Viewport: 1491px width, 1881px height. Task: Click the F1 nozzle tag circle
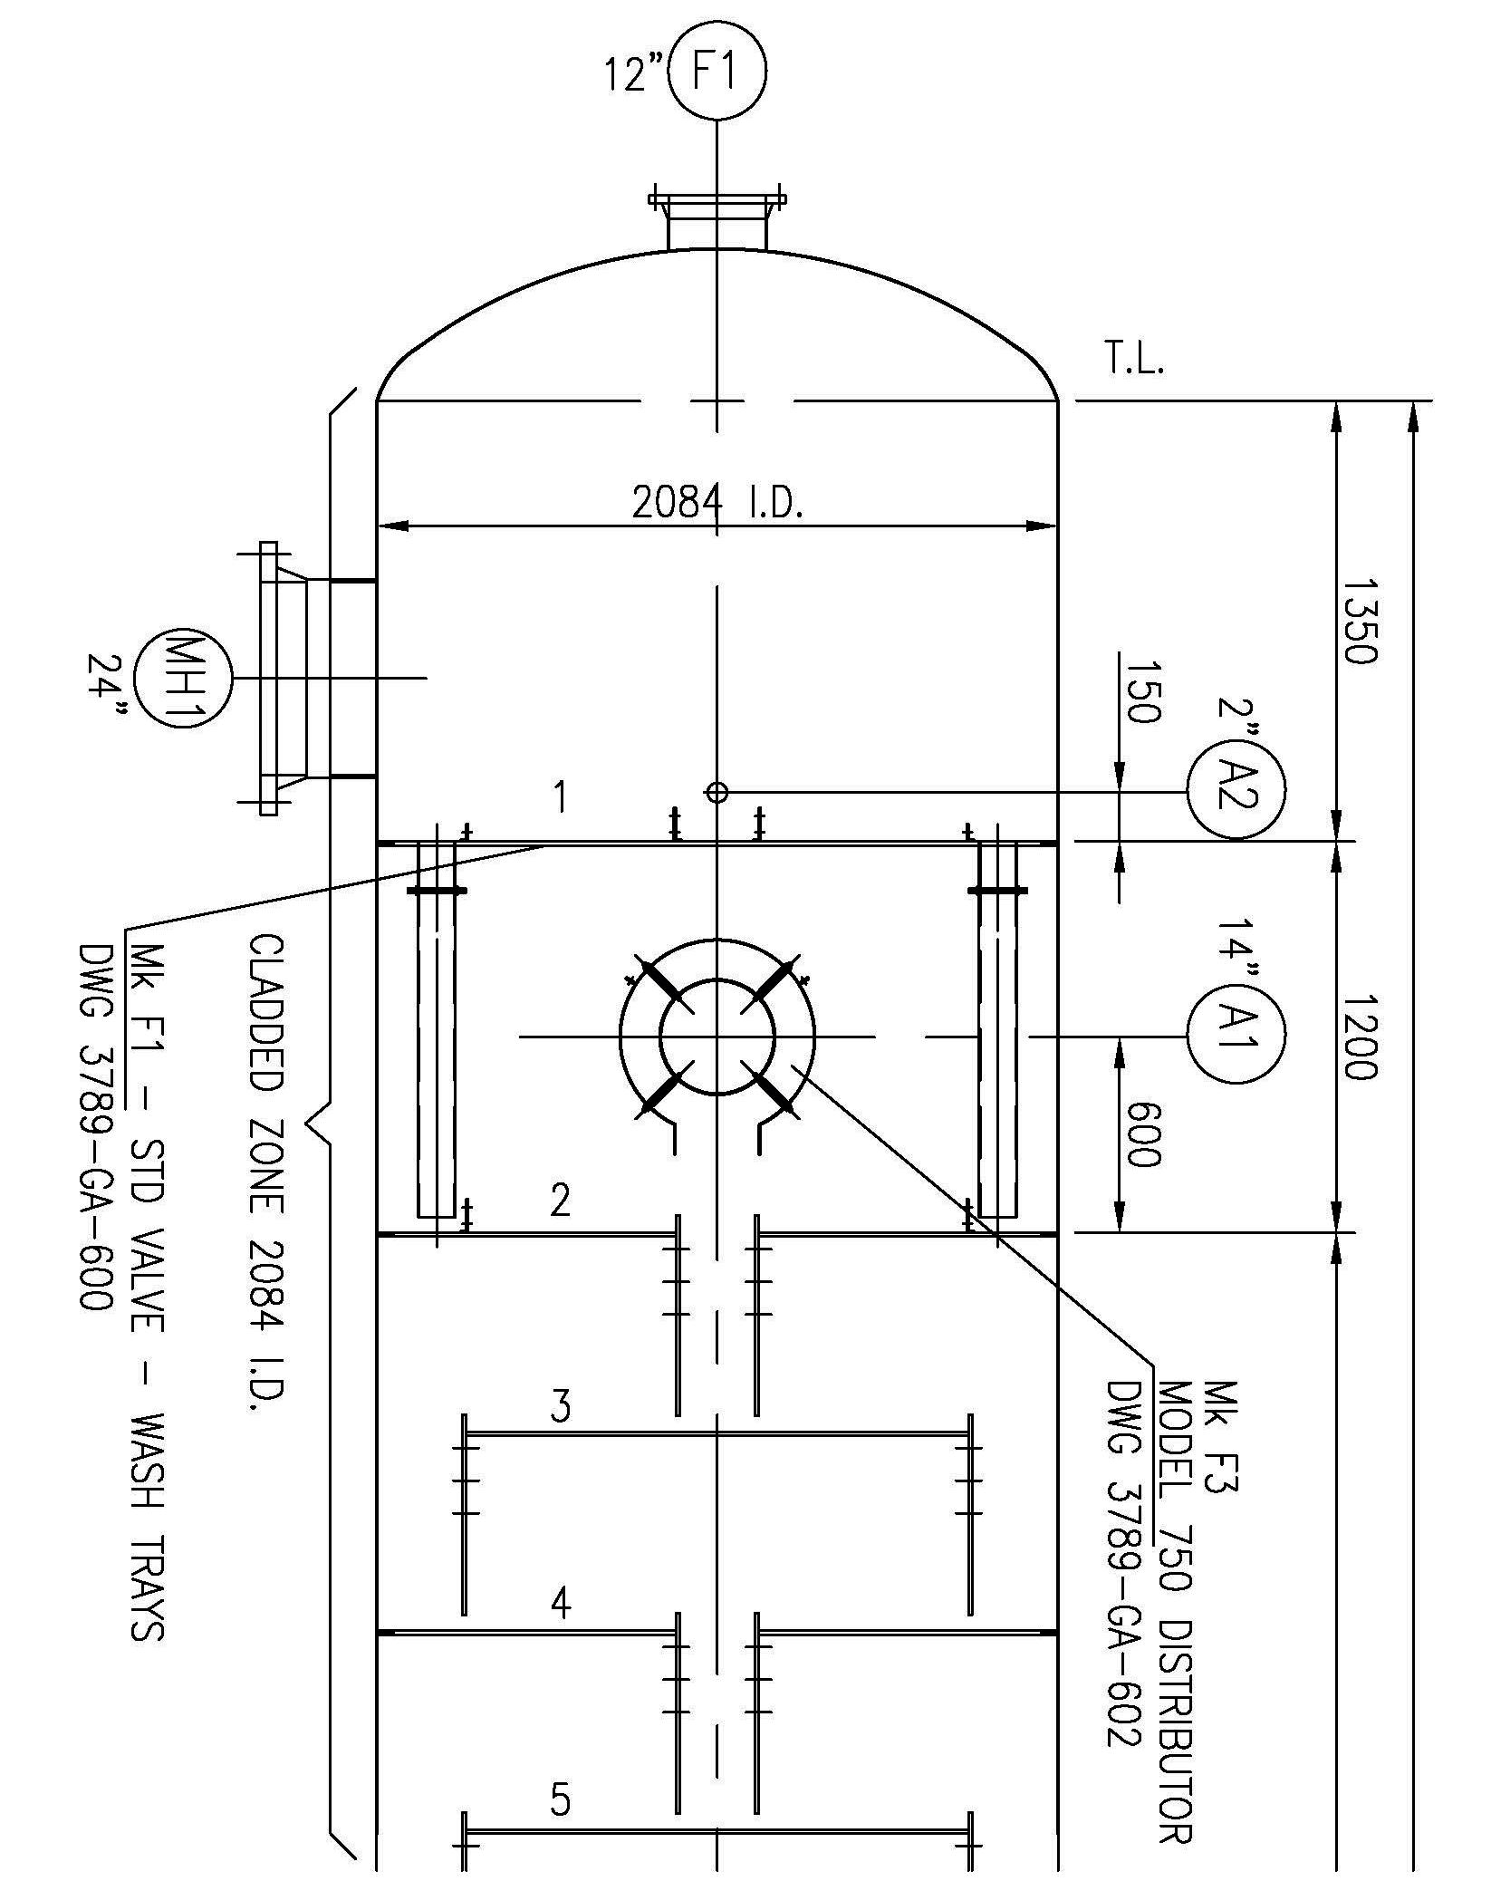tap(717, 70)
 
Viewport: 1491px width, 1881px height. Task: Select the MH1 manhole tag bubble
tap(183, 678)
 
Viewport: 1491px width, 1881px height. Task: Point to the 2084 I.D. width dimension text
tap(717, 502)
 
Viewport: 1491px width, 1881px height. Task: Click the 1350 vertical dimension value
tap(1359, 621)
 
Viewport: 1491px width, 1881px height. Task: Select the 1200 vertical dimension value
tap(1359, 1037)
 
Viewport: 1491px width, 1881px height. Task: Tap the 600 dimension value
tap(1141, 1134)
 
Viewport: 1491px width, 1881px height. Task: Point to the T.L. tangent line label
tap(1134, 360)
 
